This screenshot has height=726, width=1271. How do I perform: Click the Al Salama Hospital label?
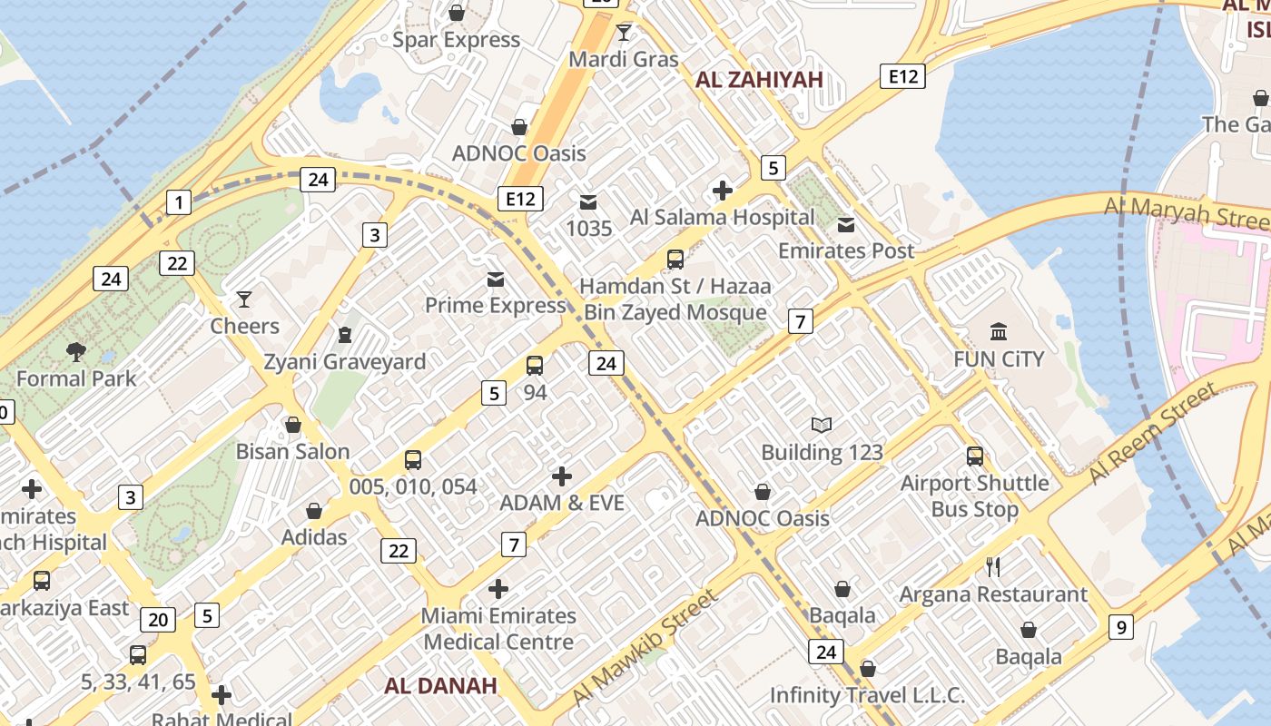point(723,217)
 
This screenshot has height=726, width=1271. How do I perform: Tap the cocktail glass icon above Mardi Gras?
point(623,34)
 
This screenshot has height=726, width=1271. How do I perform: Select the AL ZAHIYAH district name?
point(759,80)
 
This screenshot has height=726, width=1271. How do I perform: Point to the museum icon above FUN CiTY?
point(999,331)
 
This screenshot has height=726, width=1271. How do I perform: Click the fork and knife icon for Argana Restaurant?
point(993,567)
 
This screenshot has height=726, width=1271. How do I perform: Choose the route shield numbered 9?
point(1121,626)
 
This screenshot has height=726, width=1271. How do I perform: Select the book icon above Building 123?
point(822,425)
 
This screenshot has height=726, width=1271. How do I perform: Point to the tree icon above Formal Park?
point(76,352)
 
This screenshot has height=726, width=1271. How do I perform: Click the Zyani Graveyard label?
point(344,362)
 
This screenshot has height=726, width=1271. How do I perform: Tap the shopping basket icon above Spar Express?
point(457,13)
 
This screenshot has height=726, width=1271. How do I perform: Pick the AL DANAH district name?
point(440,686)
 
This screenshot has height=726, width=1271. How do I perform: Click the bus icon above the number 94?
point(535,366)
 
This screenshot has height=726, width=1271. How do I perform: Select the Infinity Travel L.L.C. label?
point(867,695)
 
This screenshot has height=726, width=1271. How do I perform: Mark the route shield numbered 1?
point(179,202)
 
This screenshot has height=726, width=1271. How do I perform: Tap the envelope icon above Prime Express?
point(496,279)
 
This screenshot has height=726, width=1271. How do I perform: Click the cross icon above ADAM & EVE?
point(562,476)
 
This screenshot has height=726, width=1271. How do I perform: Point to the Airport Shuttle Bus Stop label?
point(974,496)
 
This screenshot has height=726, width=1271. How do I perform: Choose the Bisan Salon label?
point(292,452)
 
